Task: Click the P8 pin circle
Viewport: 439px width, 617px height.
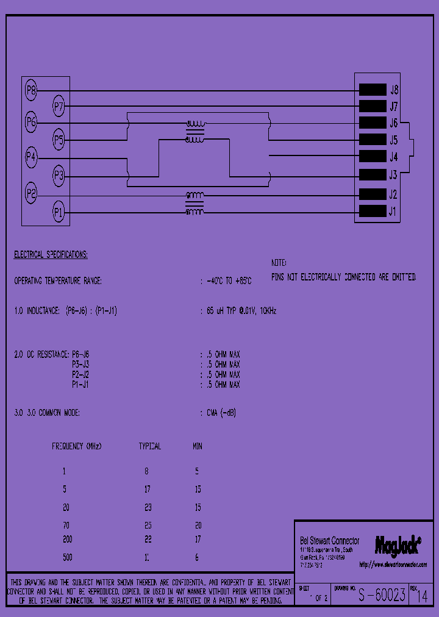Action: click(31, 91)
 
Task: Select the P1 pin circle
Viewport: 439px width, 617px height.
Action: click(59, 213)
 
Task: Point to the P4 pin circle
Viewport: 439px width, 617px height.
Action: click(31, 158)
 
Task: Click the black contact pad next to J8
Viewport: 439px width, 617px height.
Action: click(373, 90)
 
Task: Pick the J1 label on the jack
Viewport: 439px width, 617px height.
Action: click(393, 212)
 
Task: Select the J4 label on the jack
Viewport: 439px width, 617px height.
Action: click(393, 157)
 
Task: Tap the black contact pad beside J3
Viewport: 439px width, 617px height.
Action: click(373, 175)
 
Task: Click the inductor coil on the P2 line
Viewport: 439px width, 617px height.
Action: click(195, 195)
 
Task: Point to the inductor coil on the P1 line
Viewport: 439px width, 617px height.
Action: click(195, 212)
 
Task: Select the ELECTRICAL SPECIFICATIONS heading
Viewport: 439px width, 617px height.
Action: click(51, 254)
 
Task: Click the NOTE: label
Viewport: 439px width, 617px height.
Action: click(279, 263)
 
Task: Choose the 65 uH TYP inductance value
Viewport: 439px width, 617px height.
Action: click(241, 311)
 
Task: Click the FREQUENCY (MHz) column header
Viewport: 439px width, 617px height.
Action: click(76, 446)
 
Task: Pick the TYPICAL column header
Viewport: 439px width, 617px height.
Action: click(150, 446)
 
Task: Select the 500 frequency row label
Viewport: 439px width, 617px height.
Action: click(67, 557)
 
